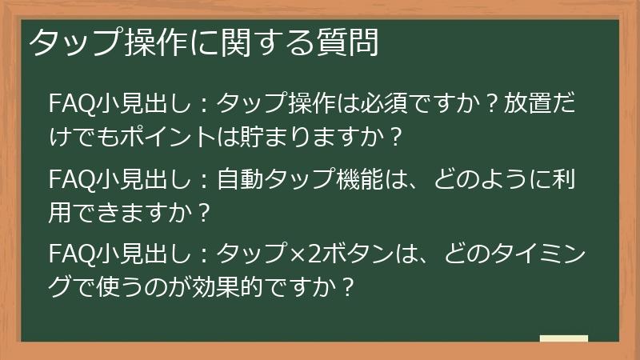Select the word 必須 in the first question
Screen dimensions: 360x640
point(389,103)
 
